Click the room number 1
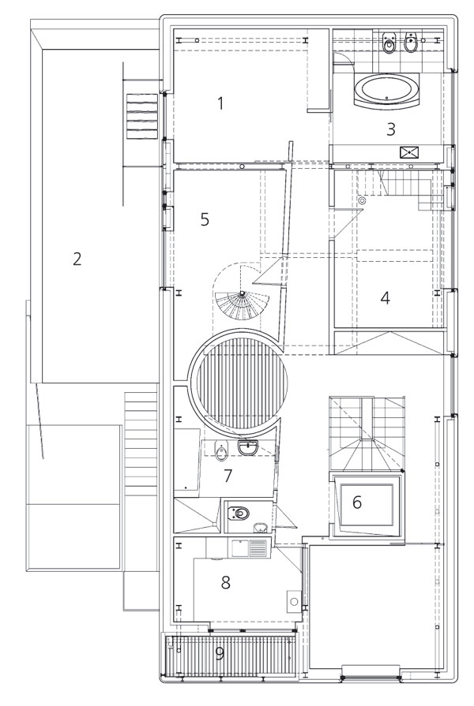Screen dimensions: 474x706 220,103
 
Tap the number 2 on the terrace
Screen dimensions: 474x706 77,260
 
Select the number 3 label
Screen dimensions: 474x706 390,129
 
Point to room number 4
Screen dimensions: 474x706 385,297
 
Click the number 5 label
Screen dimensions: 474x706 205,220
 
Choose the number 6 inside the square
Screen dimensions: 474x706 357,502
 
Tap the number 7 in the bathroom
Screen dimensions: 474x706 228,476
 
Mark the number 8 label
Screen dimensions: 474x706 225,582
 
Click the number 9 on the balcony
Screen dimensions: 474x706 220,653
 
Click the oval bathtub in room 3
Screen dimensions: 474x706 386,91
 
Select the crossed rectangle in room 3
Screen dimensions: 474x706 409,152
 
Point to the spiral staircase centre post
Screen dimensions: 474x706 243,293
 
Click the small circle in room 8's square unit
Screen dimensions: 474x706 295,602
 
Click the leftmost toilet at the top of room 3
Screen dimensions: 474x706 389,43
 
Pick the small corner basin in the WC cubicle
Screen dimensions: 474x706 260,527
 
